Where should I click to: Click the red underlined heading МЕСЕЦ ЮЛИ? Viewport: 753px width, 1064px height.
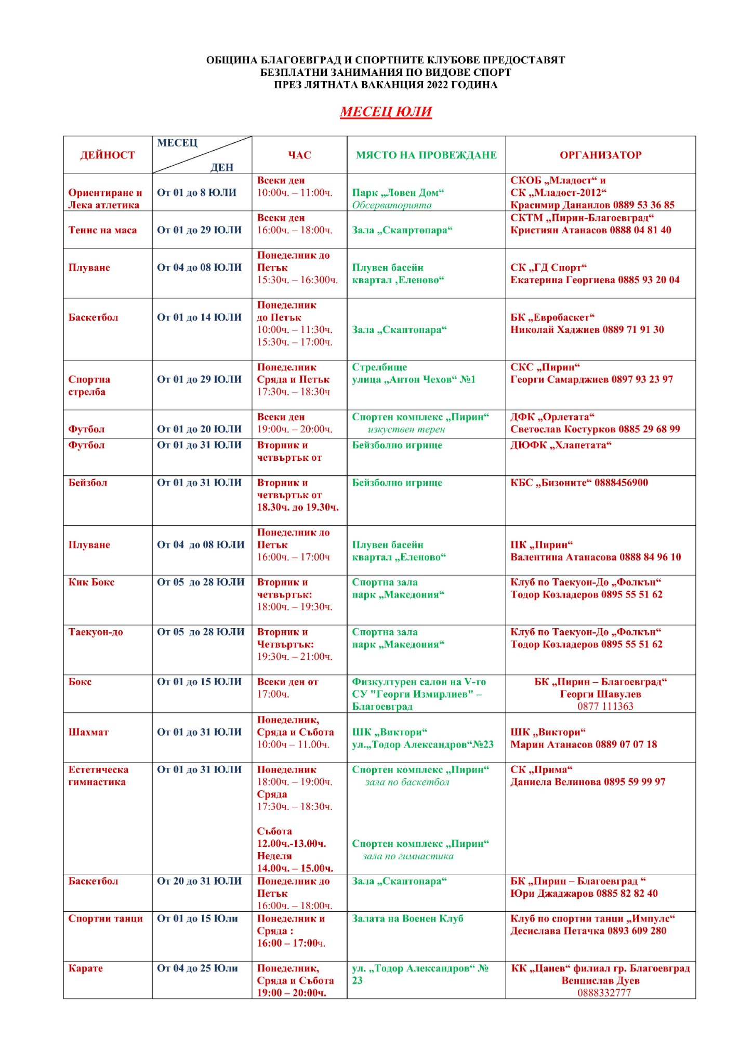tap(386, 112)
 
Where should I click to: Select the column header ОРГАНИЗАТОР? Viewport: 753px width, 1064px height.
tap(600, 155)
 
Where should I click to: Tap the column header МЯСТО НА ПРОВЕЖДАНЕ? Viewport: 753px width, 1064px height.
tap(426, 155)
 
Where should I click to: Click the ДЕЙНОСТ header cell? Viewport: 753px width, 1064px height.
tap(107, 155)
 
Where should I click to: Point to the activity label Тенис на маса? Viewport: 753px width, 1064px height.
tap(102, 230)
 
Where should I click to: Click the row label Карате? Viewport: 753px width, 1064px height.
tap(85, 968)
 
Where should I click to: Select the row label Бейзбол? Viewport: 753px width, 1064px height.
tap(87, 483)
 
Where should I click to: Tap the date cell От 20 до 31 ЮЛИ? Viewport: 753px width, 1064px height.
tap(200, 881)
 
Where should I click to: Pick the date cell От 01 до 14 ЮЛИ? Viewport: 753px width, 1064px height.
tap(200, 317)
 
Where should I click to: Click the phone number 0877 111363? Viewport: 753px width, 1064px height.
tap(605, 706)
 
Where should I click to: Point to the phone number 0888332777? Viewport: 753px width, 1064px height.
tap(604, 993)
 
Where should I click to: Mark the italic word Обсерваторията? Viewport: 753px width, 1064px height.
tap(392, 205)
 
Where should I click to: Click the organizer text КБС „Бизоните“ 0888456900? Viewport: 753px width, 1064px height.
tap(579, 483)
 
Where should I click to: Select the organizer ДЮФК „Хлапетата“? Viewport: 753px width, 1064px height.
tap(561, 445)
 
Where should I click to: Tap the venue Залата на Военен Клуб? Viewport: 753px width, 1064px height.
tap(407, 919)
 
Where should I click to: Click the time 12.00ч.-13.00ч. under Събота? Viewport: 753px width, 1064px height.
tap(292, 844)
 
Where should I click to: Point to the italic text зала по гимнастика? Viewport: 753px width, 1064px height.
tap(408, 856)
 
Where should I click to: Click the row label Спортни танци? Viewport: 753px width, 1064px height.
tap(105, 919)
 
